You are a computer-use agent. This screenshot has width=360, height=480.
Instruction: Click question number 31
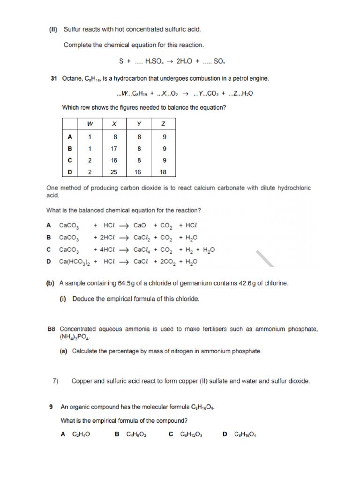(53, 79)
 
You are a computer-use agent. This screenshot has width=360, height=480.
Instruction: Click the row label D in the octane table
(70, 172)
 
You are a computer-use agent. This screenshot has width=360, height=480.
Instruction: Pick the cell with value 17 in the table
(114, 149)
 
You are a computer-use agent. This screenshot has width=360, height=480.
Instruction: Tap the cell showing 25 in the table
(114, 172)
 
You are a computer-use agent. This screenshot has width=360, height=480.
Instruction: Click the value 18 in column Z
(163, 172)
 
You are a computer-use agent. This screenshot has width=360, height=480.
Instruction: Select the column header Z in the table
(163, 124)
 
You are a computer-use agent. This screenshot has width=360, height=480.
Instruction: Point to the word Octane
(72, 79)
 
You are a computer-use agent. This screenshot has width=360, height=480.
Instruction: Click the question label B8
(52, 330)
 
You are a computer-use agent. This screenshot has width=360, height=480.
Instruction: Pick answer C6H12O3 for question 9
(191, 435)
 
